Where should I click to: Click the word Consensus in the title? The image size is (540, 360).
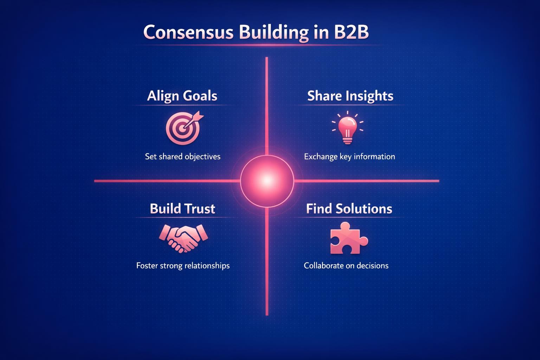pyautogui.click(x=188, y=32)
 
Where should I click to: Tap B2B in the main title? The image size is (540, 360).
pyautogui.click(x=349, y=32)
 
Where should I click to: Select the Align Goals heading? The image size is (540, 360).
pyautogui.click(x=182, y=96)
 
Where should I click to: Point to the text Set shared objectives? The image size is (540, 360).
pyautogui.click(x=182, y=156)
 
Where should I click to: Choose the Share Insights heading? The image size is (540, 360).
pyautogui.click(x=350, y=96)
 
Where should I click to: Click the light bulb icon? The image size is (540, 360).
pyautogui.click(x=348, y=128)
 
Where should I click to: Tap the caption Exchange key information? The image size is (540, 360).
pyautogui.click(x=349, y=156)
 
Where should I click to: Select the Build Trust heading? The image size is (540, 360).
pyautogui.click(x=182, y=209)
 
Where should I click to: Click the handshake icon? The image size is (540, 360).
pyautogui.click(x=183, y=238)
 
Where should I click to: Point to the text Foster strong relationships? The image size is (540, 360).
pyautogui.click(x=183, y=265)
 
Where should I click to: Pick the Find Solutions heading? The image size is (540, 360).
pyautogui.click(x=349, y=209)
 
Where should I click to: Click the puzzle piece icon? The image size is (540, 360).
pyautogui.click(x=348, y=239)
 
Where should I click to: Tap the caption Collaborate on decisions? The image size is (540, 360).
pyautogui.click(x=346, y=265)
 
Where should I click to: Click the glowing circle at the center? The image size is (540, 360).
pyautogui.click(x=267, y=181)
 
